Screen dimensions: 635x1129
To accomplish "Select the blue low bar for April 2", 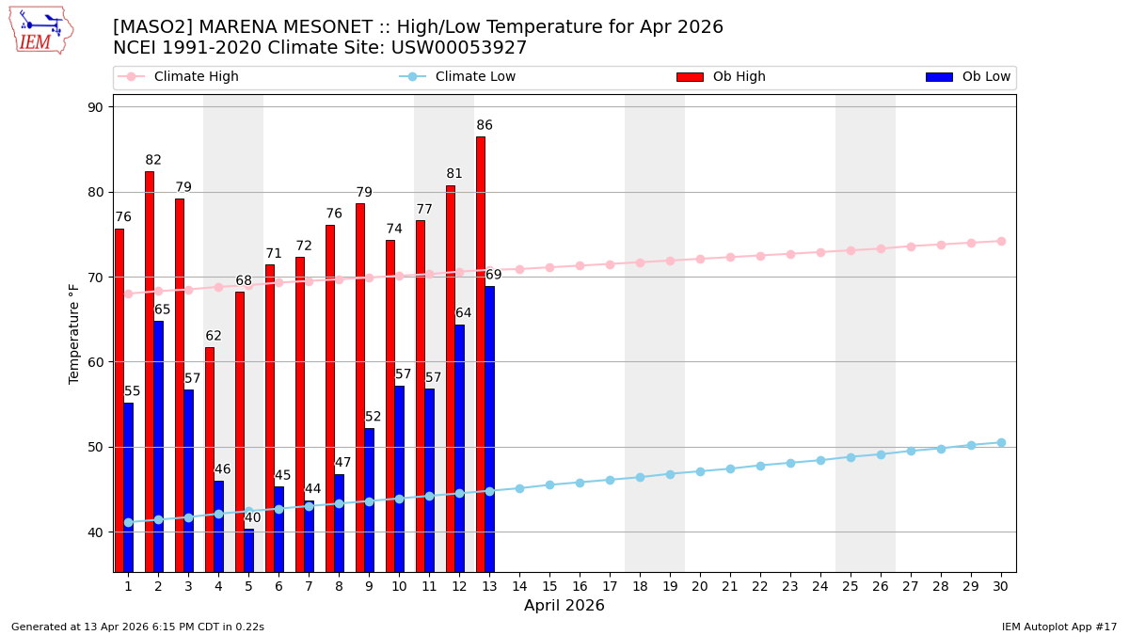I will tap(158, 446).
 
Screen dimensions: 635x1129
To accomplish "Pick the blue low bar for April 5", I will tap(248, 550).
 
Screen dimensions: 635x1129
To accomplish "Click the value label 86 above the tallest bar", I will tap(485, 126).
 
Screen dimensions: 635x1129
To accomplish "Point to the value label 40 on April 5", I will tap(253, 518).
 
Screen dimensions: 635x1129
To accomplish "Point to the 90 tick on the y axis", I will tap(95, 107).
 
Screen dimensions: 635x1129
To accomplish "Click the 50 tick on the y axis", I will tap(95, 447).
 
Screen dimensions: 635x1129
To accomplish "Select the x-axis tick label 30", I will tap(1001, 586).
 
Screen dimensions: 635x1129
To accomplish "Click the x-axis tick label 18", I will tap(640, 586).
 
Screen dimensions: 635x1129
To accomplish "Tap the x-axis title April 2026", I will tap(564, 606).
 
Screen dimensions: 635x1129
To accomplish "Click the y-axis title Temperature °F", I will tap(74, 333).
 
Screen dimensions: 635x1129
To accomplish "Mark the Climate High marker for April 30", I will tap(1001, 241).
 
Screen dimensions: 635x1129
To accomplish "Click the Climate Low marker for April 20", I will tap(700, 471).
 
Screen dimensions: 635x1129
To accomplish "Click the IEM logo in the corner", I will tap(40, 30).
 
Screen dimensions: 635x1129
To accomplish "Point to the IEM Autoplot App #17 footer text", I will tap(1059, 627).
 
